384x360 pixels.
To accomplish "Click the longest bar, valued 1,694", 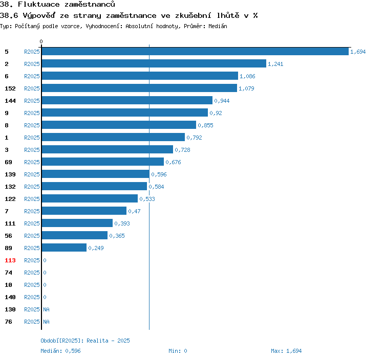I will point(195,52).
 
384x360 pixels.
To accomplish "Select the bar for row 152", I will point(139,88).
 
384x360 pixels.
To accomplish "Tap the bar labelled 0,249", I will point(64,248).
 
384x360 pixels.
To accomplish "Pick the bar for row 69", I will point(103,162).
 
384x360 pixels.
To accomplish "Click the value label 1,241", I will point(275,64).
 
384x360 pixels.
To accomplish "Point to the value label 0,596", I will point(159,174).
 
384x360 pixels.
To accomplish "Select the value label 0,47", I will point(134,211).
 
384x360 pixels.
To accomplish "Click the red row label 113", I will point(10,260).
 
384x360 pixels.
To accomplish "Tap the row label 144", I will point(10,101).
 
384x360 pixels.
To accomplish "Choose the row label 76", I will point(8,322).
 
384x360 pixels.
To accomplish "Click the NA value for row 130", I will point(46,309).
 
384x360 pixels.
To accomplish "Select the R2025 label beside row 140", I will point(32,297).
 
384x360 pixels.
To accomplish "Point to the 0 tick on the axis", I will point(41,41).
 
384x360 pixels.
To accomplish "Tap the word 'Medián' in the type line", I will point(217,26).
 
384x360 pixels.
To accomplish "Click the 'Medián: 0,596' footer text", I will point(60,351).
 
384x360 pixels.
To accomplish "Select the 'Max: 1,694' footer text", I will point(286,351).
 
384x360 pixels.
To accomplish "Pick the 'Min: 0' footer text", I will point(178,351).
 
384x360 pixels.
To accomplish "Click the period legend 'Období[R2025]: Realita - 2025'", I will point(85,341).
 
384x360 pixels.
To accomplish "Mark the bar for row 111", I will point(77,223).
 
